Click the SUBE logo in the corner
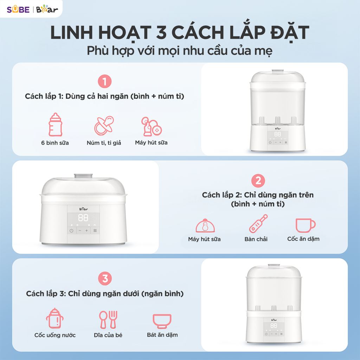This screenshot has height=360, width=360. pos(18,9)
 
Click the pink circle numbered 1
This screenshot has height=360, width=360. pos(104,82)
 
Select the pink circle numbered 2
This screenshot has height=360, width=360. pos(258,181)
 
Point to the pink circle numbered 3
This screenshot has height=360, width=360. pos(105,279)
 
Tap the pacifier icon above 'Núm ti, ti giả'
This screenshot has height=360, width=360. pos(104,125)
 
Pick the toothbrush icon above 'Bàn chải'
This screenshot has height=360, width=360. pos(258,224)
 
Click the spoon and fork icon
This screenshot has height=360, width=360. pos(108,319)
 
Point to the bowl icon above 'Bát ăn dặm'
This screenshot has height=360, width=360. pos(162,321)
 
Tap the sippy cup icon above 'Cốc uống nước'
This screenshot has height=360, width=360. pos(54,319)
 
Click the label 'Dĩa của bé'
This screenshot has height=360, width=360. pos(108,335)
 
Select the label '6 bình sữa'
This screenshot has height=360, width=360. pos(55,143)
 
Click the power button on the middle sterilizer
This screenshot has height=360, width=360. pos(71,231)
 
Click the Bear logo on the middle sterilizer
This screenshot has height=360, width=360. pos(83,208)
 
